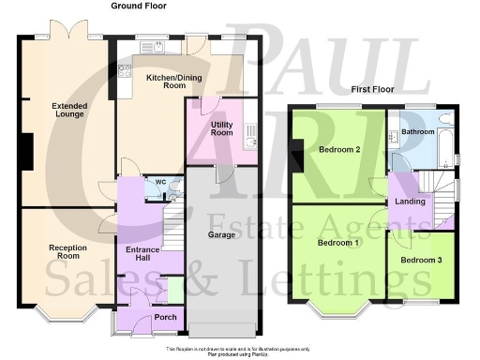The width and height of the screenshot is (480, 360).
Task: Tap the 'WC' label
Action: pos(160,182)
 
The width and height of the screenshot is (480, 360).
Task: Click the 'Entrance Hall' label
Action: pos(137,253)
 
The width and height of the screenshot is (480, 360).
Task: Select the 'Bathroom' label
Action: pos(418,132)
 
